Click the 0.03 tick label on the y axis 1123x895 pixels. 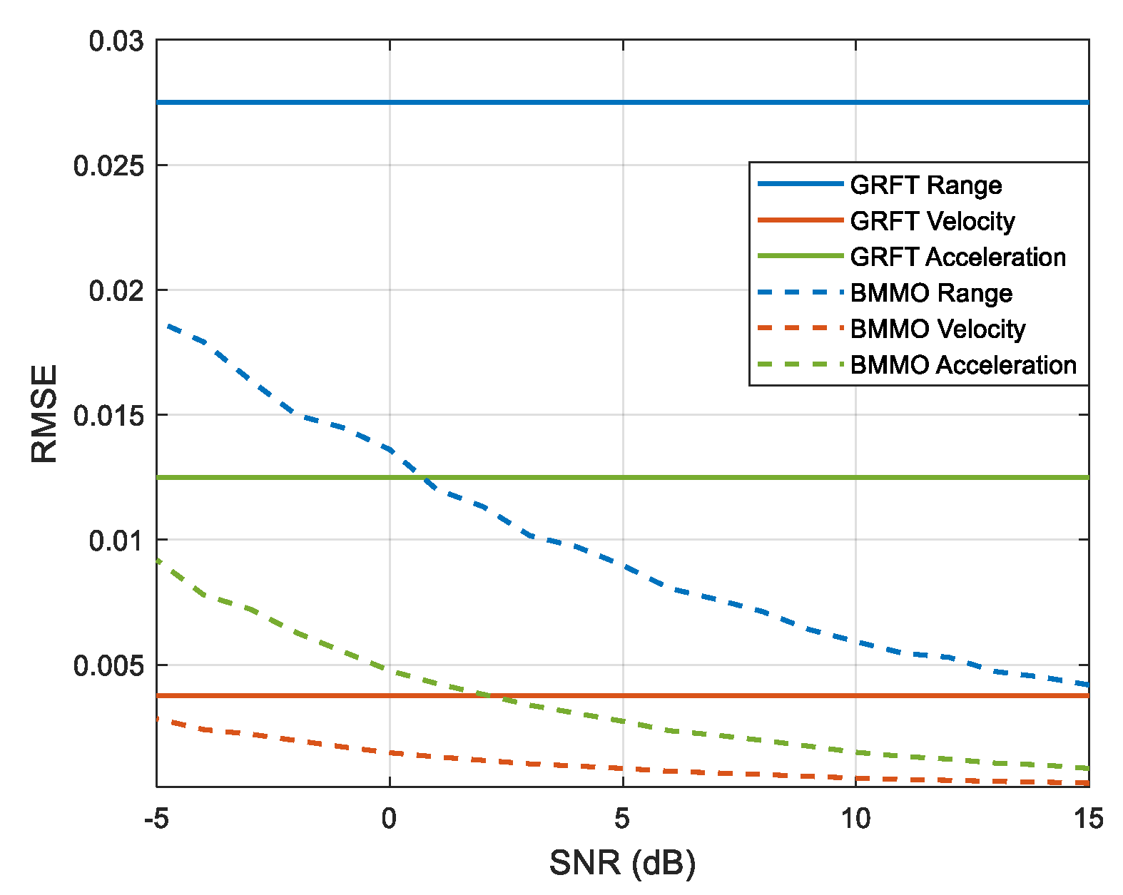[x=116, y=41]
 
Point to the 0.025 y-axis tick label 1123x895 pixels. [x=108, y=166]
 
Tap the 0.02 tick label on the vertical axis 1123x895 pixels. [x=116, y=291]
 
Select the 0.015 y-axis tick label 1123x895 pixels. [x=108, y=416]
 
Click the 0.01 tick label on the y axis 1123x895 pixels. [x=116, y=541]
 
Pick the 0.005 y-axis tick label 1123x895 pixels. [x=108, y=666]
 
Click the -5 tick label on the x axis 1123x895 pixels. [x=156, y=819]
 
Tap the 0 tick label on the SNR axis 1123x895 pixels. [x=389, y=819]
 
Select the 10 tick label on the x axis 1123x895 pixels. [x=855, y=819]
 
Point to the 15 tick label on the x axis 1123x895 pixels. [x=1088, y=819]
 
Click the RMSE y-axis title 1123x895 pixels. [x=44, y=414]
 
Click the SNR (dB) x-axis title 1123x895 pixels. [x=622, y=863]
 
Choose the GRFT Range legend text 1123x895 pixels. [x=925, y=185]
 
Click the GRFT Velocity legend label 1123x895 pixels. [x=932, y=221]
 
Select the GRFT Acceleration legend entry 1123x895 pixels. [x=957, y=257]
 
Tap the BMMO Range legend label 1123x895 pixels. [x=931, y=293]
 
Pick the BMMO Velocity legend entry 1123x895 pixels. [x=937, y=329]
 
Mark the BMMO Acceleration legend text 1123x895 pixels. [x=963, y=365]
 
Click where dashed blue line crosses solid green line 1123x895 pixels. [x=422, y=477]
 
